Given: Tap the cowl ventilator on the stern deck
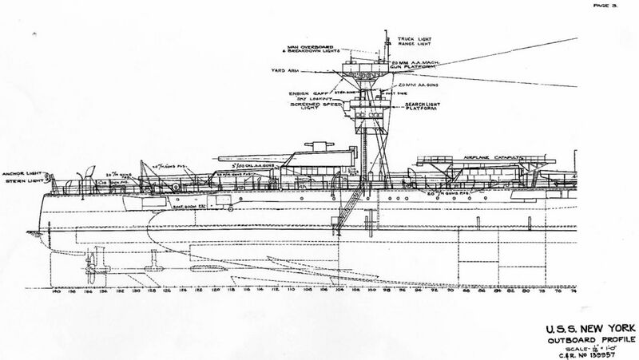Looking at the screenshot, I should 69,184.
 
